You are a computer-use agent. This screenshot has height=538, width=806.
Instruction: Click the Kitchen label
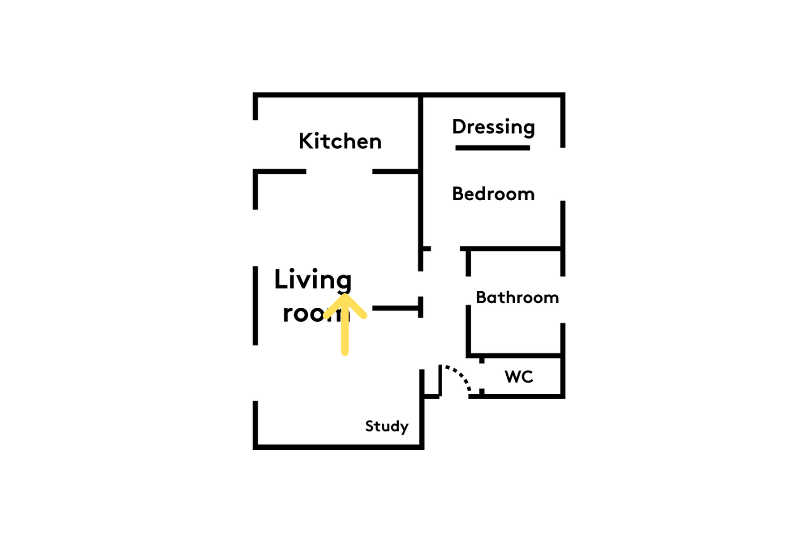[340, 141]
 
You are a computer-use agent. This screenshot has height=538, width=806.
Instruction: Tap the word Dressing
[494, 127]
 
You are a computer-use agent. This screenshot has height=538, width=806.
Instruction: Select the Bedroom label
[493, 194]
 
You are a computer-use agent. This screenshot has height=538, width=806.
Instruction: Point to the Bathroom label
[517, 298]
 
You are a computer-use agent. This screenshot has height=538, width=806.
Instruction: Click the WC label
[519, 377]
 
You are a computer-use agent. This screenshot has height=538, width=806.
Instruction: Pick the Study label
[387, 427]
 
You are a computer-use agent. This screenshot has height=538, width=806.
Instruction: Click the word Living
[313, 280]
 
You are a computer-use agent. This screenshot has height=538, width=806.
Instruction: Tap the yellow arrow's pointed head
[345, 296]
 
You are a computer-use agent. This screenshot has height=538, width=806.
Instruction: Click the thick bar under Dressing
[493, 148]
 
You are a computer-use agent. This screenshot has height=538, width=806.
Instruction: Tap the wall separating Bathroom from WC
[515, 356]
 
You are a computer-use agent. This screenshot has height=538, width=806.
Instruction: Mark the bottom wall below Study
[339, 447]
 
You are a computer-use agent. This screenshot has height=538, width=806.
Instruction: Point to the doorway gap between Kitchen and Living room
[339, 172]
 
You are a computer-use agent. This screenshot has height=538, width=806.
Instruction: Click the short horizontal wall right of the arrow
[395, 308]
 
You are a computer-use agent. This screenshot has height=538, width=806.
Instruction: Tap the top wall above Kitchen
[336, 95]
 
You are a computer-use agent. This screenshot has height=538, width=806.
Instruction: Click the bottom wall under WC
[517, 397]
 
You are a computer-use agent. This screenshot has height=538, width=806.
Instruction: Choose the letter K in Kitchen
[305, 141]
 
